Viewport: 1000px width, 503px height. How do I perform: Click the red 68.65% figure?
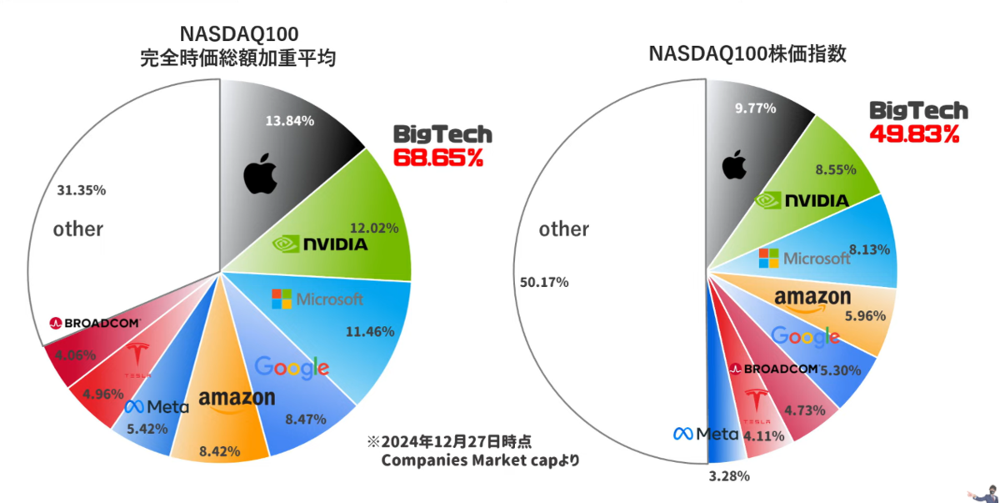click(x=438, y=157)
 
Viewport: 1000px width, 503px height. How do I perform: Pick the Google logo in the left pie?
click(x=292, y=367)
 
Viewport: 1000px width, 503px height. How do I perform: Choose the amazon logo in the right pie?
click(x=812, y=299)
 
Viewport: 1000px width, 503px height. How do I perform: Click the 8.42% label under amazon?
click(x=220, y=451)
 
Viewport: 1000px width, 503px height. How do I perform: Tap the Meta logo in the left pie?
click(x=157, y=407)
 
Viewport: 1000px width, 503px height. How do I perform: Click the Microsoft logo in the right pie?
click(x=805, y=258)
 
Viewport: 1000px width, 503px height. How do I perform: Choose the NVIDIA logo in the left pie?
click(x=320, y=244)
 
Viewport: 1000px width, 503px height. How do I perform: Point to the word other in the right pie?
click(x=564, y=229)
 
